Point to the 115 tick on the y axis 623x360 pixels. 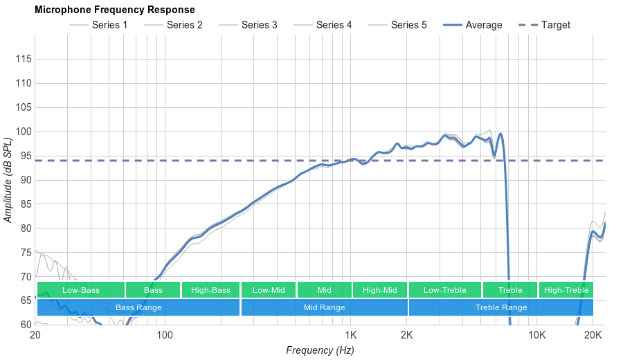click(x=23, y=60)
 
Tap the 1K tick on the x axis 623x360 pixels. click(x=352, y=336)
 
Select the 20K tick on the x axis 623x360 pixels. click(x=592, y=336)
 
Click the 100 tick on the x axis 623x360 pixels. click(x=164, y=336)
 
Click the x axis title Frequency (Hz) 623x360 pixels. click(x=320, y=350)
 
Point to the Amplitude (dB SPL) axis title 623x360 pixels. click(x=8, y=180)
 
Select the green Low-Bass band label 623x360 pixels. click(x=81, y=290)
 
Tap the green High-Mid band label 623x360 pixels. click(x=379, y=290)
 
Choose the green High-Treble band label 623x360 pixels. click(x=566, y=290)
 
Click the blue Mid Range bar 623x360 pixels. click(x=324, y=307)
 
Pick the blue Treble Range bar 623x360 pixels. click(x=501, y=307)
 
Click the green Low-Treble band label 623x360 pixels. click(x=444, y=290)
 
